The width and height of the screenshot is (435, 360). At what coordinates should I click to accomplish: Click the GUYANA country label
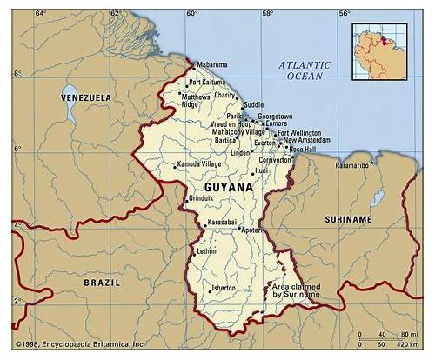pos(230,187)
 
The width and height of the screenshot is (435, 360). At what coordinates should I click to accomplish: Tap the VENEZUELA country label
pos(86,98)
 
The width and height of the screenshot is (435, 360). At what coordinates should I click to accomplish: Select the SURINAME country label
pos(347,220)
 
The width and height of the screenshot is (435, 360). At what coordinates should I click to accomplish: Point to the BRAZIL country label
pos(102,283)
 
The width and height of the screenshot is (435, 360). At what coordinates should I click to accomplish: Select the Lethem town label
pos(208,250)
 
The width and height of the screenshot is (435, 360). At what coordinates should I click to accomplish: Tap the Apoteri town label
pos(252,230)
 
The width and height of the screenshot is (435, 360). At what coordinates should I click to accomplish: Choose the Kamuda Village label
pos(199,163)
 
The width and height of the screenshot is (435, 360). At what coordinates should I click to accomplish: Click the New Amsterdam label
pos(308,140)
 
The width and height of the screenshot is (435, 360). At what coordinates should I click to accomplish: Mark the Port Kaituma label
pos(206,82)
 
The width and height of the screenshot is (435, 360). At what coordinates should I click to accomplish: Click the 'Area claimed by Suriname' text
pos(296,290)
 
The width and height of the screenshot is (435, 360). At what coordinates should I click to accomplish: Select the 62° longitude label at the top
pos(115,14)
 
